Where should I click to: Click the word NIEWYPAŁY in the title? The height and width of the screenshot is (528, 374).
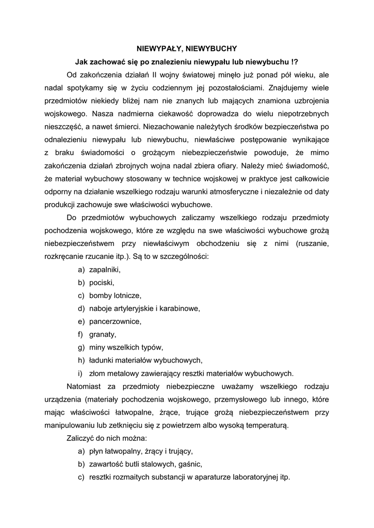[157, 48]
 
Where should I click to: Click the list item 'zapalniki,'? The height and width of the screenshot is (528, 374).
[105, 270]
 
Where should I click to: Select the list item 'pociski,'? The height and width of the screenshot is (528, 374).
[102, 283]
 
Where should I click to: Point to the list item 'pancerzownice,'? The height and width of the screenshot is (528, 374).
[115, 322]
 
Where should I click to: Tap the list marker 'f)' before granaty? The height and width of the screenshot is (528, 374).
[81, 335]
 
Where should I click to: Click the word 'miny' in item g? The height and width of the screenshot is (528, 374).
[97, 348]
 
